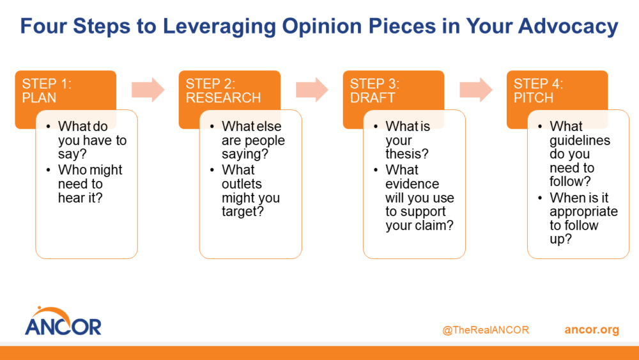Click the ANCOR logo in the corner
tap(63, 321)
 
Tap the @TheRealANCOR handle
tap(485, 330)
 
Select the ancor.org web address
tap(592, 330)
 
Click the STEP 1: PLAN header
tap(48, 90)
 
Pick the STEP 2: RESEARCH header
tap(223, 90)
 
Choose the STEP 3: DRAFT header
tap(375, 90)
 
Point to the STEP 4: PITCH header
tap(538, 90)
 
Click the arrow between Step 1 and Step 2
tap(148, 90)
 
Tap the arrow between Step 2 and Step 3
tap(312, 90)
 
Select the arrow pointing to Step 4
tap(476, 90)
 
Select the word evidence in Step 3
tap(412, 184)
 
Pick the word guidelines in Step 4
tap(580, 140)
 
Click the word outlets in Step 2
tap(243, 184)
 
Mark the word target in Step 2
tap(241, 212)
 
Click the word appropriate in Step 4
tap(583, 212)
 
